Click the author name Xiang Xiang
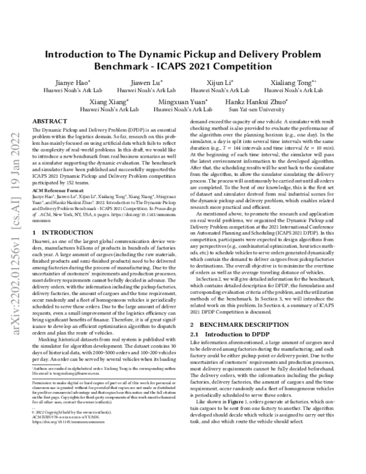[109, 101]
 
